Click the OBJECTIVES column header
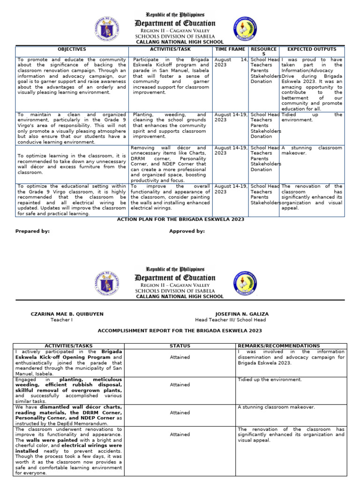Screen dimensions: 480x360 (72, 49)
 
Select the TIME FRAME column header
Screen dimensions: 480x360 (231, 49)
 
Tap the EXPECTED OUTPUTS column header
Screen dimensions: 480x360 (312, 49)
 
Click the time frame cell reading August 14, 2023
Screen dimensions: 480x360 (231, 63)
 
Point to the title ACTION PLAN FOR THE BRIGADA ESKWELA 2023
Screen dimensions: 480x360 (180, 219)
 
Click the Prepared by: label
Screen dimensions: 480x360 (32, 231)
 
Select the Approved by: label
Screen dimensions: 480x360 (187, 231)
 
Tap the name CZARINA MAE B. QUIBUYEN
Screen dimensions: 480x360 (67, 314)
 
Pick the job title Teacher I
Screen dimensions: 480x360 (61, 320)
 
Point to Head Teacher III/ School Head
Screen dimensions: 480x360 (230, 320)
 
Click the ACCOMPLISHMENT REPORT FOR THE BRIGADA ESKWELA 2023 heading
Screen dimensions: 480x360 (180, 330)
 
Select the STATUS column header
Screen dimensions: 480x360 (180, 346)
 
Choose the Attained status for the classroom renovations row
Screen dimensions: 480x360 (180, 435)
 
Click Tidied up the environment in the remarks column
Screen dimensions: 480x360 (270, 380)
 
